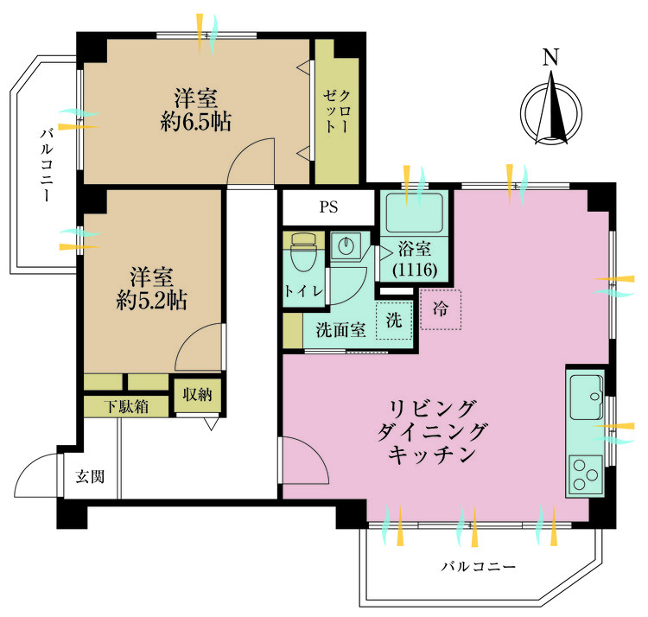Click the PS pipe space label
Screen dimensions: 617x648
pyautogui.click(x=328, y=207)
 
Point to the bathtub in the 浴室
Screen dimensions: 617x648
pyautogui.click(x=414, y=213)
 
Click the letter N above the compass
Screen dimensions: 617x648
pyautogui.click(x=550, y=59)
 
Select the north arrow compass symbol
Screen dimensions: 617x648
pyautogui.click(x=550, y=111)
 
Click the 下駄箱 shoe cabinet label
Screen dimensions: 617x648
pyautogui.click(x=125, y=404)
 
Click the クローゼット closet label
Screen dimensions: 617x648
pyautogui.click(x=337, y=112)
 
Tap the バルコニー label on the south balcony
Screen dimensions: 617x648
pyautogui.click(x=478, y=568)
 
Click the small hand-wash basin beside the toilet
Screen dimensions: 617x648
pyautogui.click(x=346, y=245)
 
